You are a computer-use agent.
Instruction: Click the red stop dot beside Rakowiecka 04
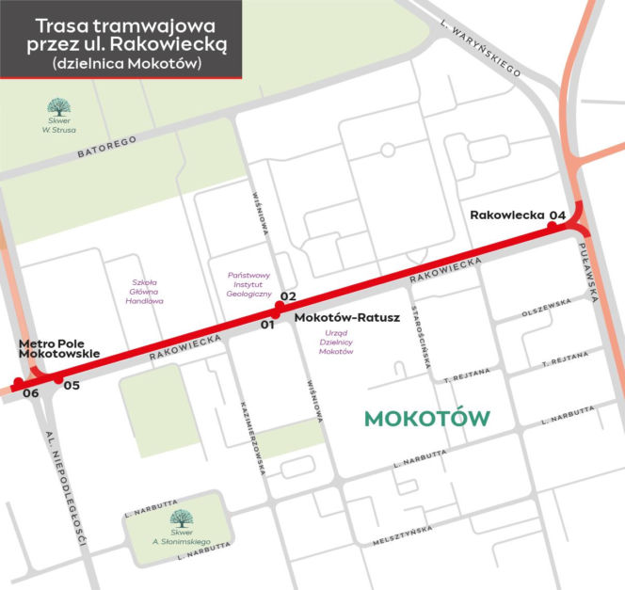553,226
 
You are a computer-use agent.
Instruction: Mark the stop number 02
288,296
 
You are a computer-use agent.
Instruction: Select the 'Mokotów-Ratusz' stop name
347,318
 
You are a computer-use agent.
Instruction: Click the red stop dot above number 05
57,379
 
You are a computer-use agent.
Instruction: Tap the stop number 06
30,392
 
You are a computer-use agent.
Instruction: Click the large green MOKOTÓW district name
427,418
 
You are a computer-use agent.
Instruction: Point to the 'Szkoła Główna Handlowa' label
148,291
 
